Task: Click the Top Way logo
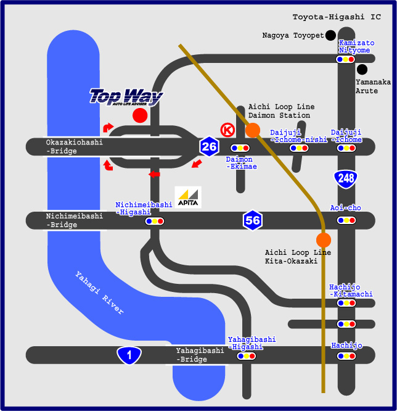click(x=126, y=98)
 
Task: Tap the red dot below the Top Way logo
click(x=140, y=115)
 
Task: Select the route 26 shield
click(x=209, y=146)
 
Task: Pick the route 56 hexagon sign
click(x=252, y=220)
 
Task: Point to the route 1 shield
click(x=129, y=355)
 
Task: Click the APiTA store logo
click(x=187, y=197)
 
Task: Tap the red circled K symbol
click(x=227, y=130)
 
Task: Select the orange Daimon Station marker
click(x=252, y=130)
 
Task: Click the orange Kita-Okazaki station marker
click(x=323, y=240)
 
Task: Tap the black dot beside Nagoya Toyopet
click(x=331, y=35)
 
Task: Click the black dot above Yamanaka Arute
click(x=362, y=69)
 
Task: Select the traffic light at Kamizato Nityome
click(x=345, y=59)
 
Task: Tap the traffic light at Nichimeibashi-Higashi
click(x=154, y=220)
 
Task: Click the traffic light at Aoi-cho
click(x=345, y=220)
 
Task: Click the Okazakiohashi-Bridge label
click(x=74, y=146)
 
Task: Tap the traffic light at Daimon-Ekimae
click(x=239, y=148)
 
